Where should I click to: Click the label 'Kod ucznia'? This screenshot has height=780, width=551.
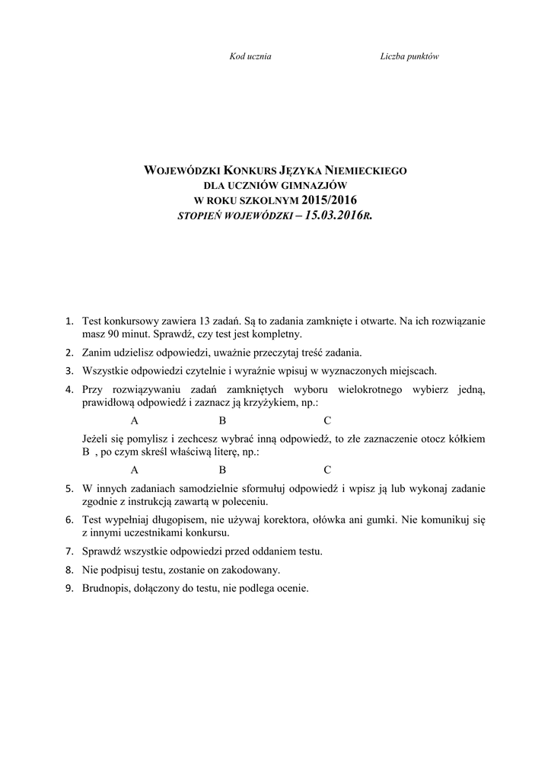click(x=250, y=57)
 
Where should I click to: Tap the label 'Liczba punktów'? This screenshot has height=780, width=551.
click(x=409, y=57)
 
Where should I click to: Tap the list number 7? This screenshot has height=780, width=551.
click(x=69, y=551)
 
